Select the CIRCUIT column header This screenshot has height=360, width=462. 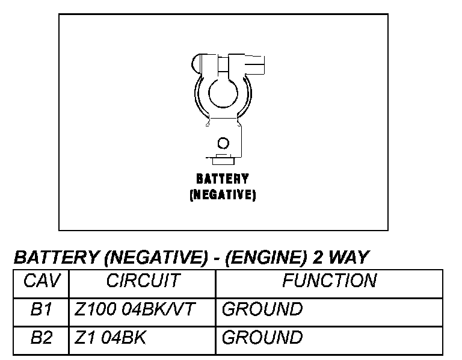click(x=143, y=281)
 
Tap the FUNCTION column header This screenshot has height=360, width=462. click(x=329, y=281)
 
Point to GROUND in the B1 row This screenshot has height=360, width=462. click(x=262, y=310)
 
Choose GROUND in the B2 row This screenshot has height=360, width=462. click(x=262, y=338)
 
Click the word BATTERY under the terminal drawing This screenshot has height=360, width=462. click(x=223, y=179)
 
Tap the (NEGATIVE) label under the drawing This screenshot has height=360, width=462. click(x=223, y=195)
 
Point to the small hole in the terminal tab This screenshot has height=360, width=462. click(x=223, y=143)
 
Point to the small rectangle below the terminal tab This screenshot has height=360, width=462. click(x=223, y=159)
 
